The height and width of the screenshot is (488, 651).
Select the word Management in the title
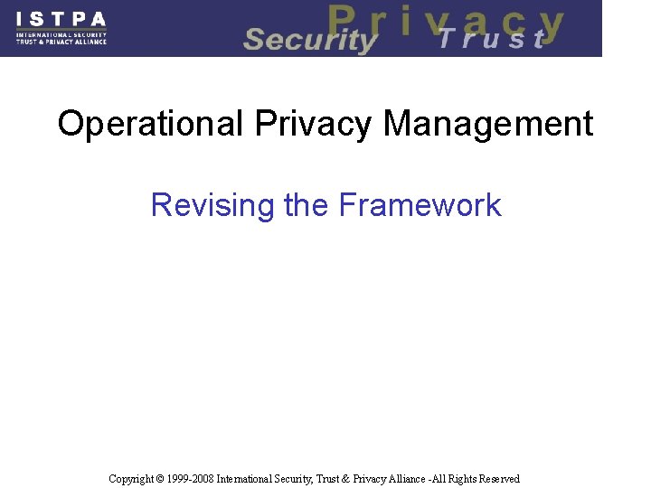(488, 124)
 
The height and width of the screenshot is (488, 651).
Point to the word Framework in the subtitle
(420, 205)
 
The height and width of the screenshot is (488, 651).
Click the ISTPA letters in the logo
(61, 18)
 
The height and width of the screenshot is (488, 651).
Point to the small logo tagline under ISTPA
(61, 38)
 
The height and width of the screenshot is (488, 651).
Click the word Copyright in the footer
(131, 479)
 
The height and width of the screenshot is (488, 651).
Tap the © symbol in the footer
(161, 479)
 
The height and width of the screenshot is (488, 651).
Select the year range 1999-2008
(191, 479)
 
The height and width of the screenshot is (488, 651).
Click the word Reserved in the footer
(499, 479)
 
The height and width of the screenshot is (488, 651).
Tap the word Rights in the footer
(460, 479)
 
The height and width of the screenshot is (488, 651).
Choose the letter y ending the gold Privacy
(550, 25)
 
